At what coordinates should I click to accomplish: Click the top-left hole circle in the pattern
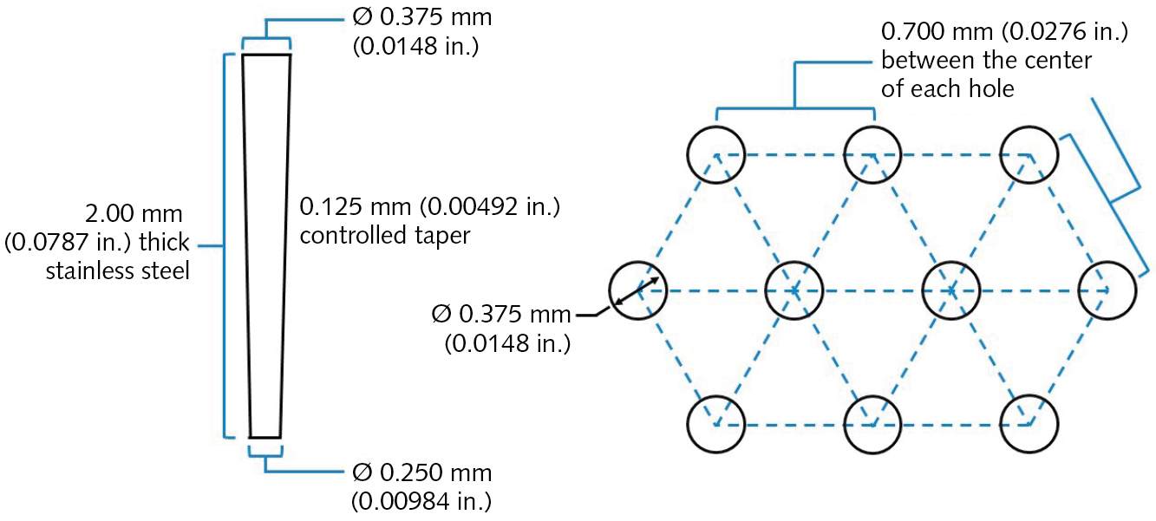[716, 154]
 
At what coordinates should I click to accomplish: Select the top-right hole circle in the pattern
[1030, 154]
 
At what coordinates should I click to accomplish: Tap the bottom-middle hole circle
[873, 425]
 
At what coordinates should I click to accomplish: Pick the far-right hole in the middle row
[1107, 290]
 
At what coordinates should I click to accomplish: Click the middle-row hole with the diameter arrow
[638, 290]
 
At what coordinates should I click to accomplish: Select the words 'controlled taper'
[384, 235]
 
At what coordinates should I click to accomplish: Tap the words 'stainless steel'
[117, 270]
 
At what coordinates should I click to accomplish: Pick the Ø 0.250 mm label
[422, 473]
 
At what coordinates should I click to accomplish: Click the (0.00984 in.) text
[421, 500]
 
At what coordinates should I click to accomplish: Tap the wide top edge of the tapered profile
[266, 55]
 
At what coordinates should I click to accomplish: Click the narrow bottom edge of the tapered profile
[265, 437]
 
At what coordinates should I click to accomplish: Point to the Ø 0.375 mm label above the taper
[422, 18]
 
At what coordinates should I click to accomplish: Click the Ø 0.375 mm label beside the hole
[500, 315]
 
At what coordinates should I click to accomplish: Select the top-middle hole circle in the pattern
[873, 154]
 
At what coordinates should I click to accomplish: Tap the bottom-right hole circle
[1030, 425]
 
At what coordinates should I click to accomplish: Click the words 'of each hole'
[947, 88]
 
